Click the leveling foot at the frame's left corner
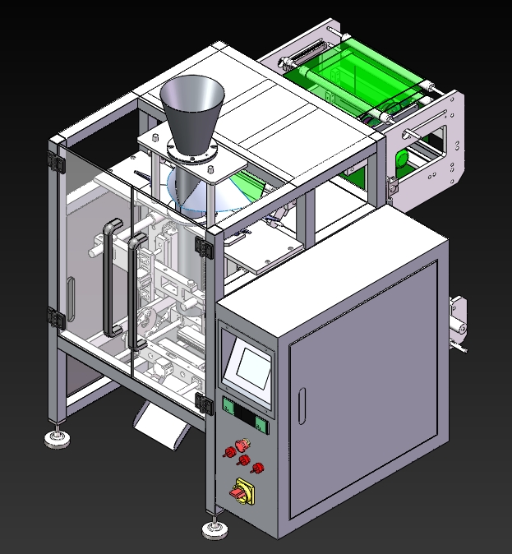[x=57, y=438]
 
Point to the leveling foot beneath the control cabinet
[x=214, y=526]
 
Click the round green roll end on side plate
[x=402, y=159]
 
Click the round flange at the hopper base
[x=191, y=150]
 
